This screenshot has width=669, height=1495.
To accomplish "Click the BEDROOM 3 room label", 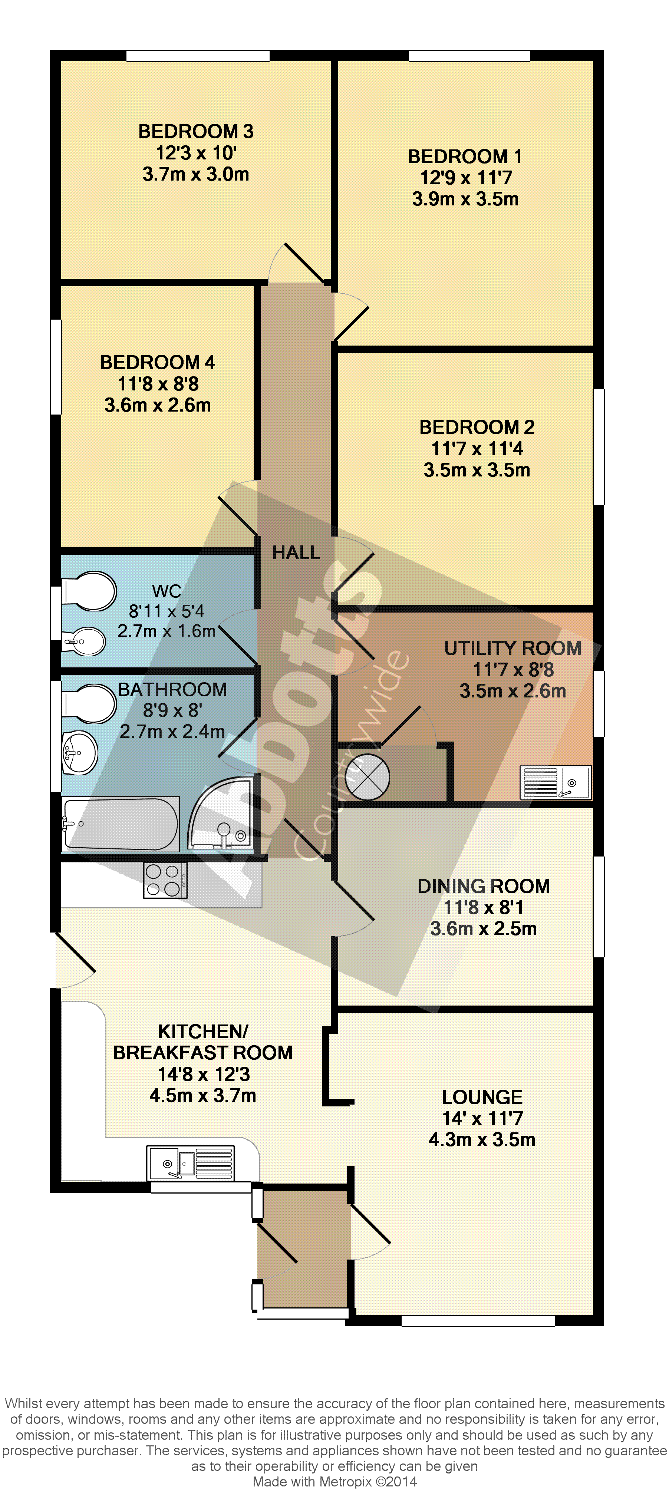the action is click(196, 132).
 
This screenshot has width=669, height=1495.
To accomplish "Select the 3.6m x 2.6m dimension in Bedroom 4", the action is click(158, 405).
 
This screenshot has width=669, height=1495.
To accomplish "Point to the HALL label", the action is click(297, 552).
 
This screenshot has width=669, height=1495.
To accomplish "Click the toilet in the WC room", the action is click(89, 591).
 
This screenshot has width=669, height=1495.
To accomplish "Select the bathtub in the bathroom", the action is click(121, 824).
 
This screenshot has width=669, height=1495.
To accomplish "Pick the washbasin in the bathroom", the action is click(80, 753).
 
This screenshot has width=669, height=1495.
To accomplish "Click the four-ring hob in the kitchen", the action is click(165, 880).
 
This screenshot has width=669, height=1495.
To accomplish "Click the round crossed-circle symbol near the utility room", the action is click(367, 776).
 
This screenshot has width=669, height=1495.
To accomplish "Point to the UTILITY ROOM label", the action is click(513, 648).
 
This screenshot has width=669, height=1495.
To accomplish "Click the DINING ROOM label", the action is click(484, 886).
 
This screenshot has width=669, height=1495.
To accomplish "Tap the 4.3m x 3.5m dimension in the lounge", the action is click(482, 1140).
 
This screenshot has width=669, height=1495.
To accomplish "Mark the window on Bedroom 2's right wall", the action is click(598, 447).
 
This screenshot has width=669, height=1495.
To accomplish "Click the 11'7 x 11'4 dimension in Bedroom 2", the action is click(477, 449).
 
